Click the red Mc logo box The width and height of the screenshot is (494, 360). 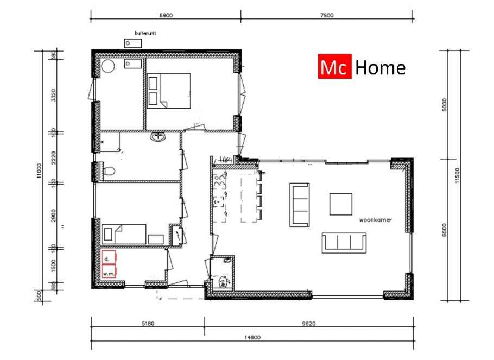334,67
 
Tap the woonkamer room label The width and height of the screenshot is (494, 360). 376,220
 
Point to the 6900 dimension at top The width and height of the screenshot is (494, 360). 166,16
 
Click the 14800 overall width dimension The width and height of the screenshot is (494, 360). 252,337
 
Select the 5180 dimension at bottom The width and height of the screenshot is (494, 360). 148,323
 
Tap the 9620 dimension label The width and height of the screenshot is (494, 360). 308,323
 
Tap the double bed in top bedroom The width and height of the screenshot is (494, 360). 168,91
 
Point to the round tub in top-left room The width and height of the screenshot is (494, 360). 109,66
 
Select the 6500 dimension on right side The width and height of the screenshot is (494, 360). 445,230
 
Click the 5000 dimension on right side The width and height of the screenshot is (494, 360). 445,104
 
